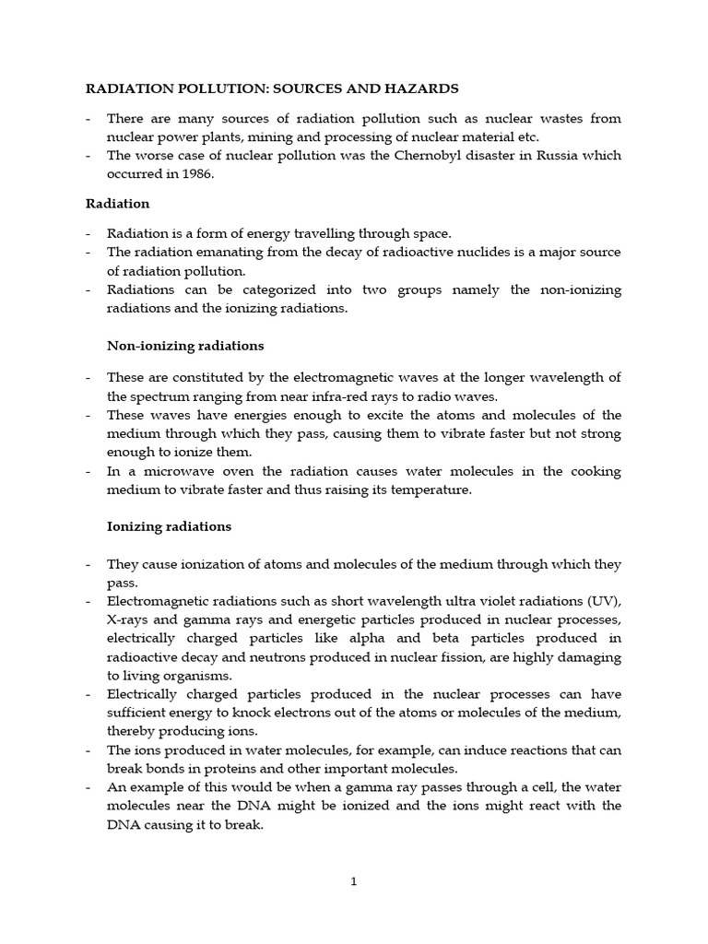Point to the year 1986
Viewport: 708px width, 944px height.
pyautogui.click(x=194, y=173)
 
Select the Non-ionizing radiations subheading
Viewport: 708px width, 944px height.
pyautogui.click(x=185, y=346)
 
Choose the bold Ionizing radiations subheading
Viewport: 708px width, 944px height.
pyautogui.click(x=169, y=527)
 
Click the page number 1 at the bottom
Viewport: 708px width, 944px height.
pyautogui.click(x=353, y=881)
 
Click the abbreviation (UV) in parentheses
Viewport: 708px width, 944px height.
pyautogui.click(x=602, y=601)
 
